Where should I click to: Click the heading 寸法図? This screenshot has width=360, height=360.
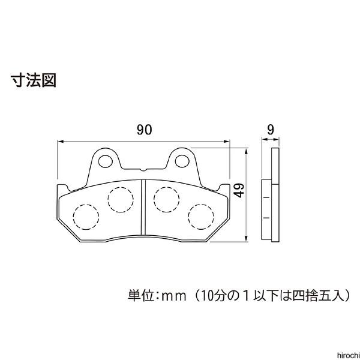[x=33, y=80]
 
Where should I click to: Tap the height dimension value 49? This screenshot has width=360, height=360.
[x=239, y=192]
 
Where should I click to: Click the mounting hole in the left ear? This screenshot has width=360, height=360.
[x=105, y=160]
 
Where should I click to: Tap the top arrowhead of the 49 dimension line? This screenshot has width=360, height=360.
[x=246, y=152]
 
